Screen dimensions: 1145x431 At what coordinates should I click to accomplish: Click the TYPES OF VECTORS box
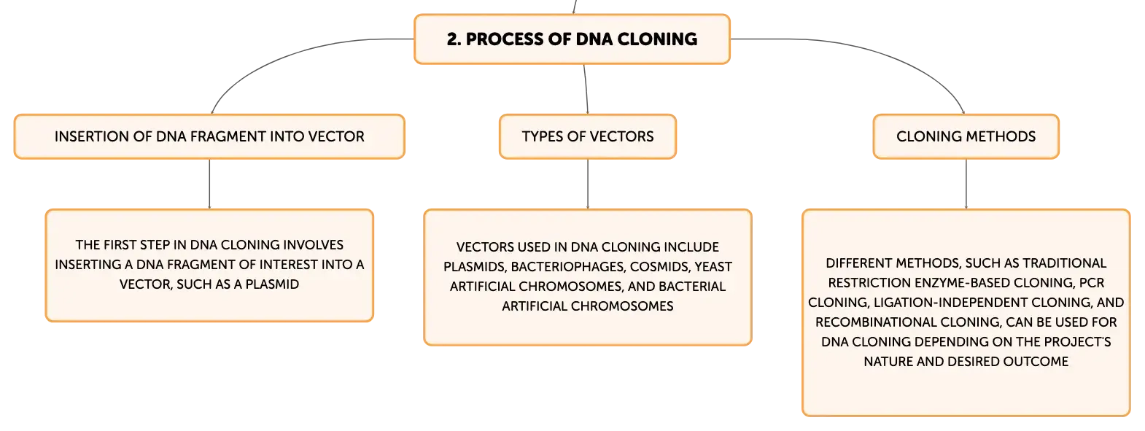coord(588,136)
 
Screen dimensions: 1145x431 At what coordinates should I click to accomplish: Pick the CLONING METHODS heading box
coord(966,136)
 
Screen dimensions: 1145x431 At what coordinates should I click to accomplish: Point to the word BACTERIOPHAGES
coord(568,267)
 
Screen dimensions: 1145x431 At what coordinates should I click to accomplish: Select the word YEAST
coord(713,267)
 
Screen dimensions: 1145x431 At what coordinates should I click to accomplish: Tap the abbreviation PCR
coord(1092,283)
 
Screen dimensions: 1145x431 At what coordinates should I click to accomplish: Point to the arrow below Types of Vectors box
coord(588,184)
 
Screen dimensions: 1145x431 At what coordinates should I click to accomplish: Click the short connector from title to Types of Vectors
coord(586,90)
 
